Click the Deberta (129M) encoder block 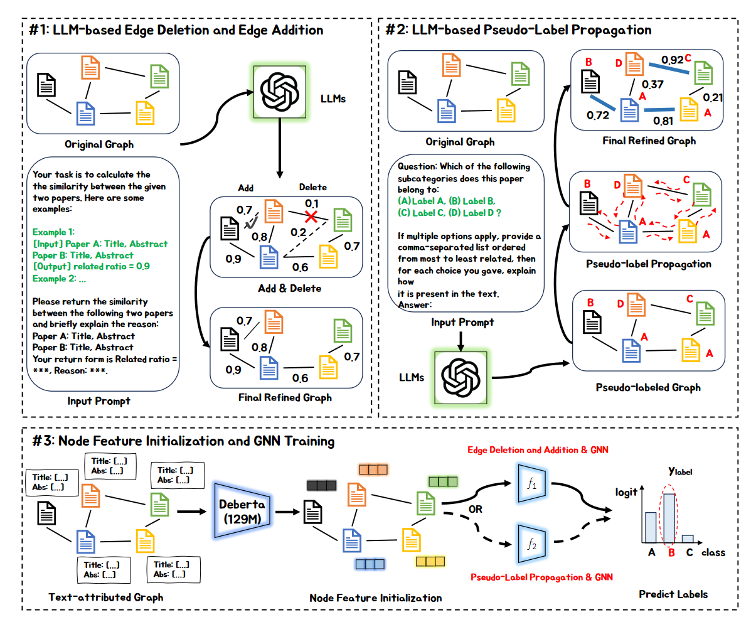[x=242, y=511]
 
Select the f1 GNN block [x=531, y=483]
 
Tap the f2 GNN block [x=531, y=544]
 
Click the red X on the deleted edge [x=310, y=217]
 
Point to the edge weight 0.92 [x=672, y=60]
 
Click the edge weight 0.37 [x=652, y=84]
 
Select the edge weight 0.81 [x=663, y=121]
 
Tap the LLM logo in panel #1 [x=280, y=91]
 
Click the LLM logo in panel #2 [x=461, y=377]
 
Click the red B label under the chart [x=671, y=553]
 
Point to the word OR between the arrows [x=476, y=509]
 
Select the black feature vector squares [x=322, y=485]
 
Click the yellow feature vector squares [x=430, y=561]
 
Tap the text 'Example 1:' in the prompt [x=53, y=232]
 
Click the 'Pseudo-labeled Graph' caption [x=648, y=387]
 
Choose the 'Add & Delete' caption [x=290, y=289]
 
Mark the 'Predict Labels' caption [x=673, y=594]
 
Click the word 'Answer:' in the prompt [x=415, y=305]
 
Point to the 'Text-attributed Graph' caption [x=106, y=597]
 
